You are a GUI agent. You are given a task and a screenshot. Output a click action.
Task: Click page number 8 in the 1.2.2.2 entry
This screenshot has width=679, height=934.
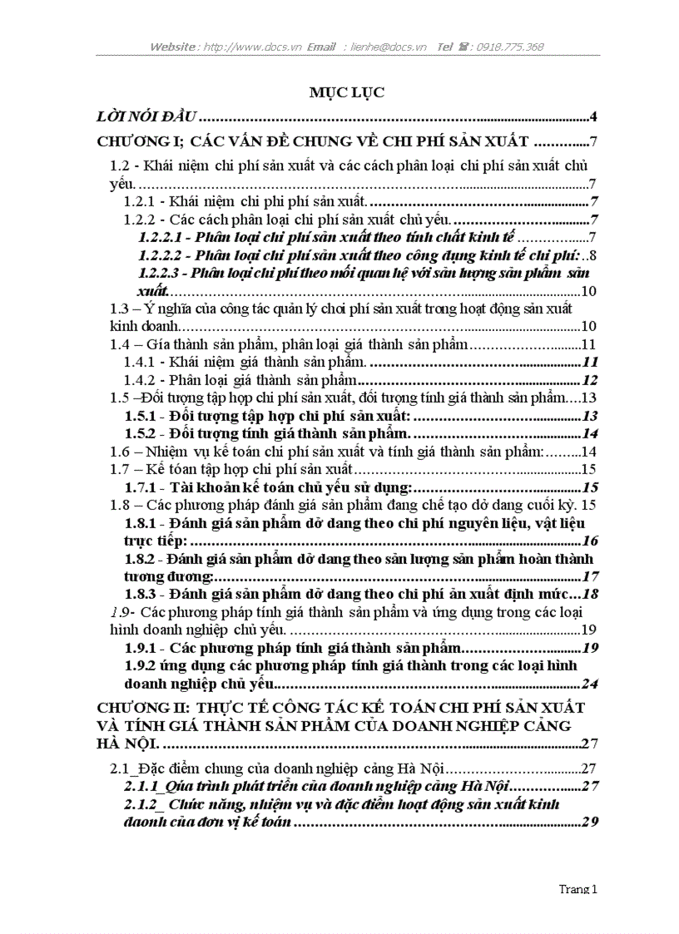[x=592, y=255]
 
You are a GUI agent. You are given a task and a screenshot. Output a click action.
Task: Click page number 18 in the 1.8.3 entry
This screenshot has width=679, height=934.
[x=590, y=594]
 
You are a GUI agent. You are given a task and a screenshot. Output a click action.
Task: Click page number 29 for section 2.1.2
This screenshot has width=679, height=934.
[x=590, y=823]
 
